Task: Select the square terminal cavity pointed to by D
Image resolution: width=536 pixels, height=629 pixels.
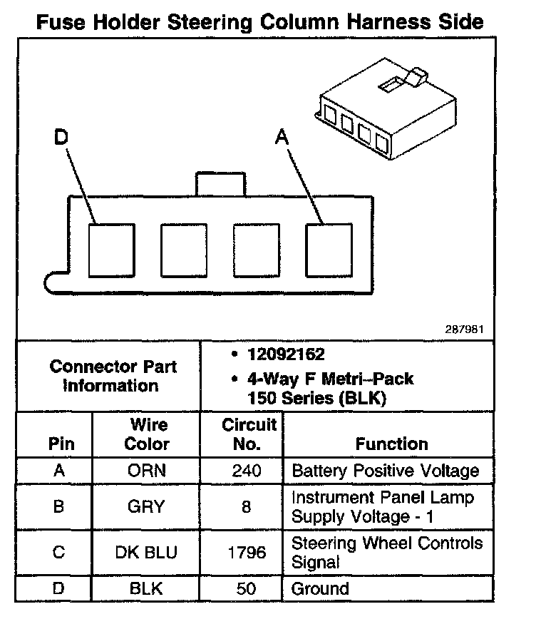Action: (111, 250)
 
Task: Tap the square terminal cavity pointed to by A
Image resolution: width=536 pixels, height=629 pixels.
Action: (329, 250)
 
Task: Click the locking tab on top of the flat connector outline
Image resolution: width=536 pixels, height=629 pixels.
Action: (220, 183)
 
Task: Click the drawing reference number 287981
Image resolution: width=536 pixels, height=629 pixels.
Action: (466, 329)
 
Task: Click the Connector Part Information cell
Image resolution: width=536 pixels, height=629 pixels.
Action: (113, 376)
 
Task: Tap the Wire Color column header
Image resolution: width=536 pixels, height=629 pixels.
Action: (148, 434)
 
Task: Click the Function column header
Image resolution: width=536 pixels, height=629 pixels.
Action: (391, 444)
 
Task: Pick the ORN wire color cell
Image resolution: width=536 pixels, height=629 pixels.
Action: (146, 471)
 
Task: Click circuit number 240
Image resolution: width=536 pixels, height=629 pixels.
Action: (247, 471)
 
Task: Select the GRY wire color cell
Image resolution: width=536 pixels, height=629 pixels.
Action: (146, 506)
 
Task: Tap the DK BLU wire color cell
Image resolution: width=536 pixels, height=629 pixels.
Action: (146, 553)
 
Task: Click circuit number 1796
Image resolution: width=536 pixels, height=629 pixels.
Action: (247, 553)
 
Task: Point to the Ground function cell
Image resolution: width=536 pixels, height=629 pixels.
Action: (321, 589)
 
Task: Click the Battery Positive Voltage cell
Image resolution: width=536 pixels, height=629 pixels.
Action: (386, 471)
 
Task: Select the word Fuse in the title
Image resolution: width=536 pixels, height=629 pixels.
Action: (61, 22)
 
